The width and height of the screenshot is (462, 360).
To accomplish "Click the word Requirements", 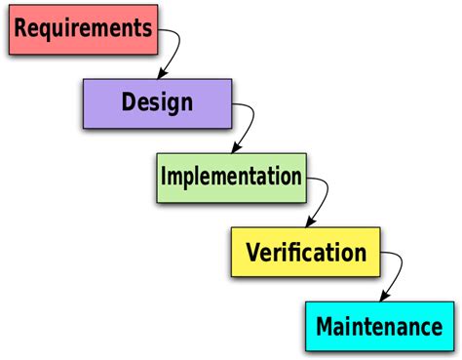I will (84, 27).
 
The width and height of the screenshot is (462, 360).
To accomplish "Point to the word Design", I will (157, 101).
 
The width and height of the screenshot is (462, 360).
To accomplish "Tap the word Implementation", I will (231, 177).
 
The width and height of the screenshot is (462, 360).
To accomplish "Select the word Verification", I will (306, 254).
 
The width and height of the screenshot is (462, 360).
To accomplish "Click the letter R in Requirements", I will (21, 27).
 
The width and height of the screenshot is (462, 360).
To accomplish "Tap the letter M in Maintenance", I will (325, 326).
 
